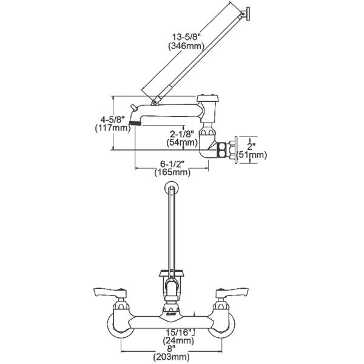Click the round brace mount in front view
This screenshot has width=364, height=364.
click(173, 188)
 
